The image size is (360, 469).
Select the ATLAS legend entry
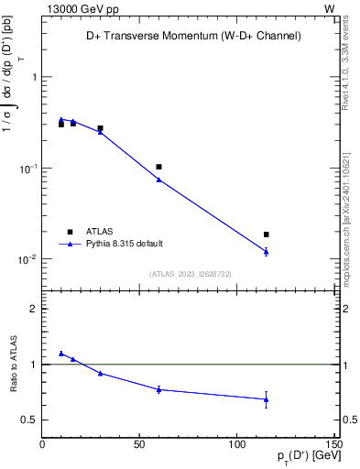(x=98, y=232)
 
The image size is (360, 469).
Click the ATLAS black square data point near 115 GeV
(x=267, y=234)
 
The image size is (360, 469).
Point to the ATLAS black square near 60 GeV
(x=158, y=167)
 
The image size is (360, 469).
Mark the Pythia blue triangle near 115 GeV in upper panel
(x=267, y=251)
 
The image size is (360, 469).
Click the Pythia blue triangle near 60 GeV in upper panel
(x=158, y=180)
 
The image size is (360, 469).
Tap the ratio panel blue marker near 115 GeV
(x=267, y=399)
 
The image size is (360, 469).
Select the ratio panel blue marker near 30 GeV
(x=100, y=373)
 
